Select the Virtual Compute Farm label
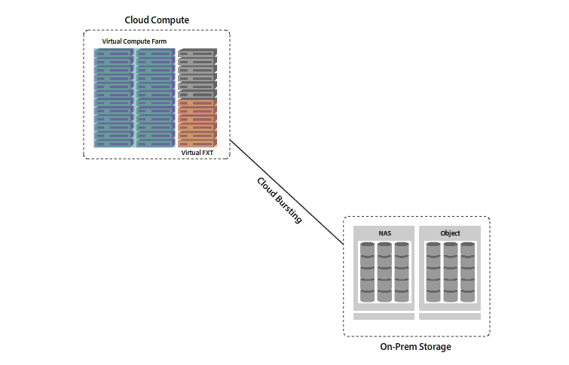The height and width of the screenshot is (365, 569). coord(134,41)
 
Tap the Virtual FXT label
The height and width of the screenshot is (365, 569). coord(197,152)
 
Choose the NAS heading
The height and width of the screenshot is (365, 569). coord(384,233)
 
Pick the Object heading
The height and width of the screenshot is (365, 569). coord(450,233)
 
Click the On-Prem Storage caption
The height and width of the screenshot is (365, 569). coord(416,347)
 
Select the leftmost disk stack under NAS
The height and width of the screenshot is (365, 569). coord(367,272)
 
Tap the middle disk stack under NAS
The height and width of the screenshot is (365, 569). coord(384,272)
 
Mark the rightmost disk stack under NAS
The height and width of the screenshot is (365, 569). coord(402,272)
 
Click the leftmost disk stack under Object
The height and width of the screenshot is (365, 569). coord(433,272)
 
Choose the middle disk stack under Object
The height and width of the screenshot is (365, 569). coord(450,272)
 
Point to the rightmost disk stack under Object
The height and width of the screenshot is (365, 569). coord(467,272)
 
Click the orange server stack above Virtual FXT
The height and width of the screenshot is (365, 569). coord(197,123)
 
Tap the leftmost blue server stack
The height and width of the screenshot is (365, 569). coord(114,98)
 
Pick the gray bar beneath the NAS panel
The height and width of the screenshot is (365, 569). coord(384,316)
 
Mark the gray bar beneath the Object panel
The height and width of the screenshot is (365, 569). coord(450,316)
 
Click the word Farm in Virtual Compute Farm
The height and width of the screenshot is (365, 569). coord(159,41)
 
